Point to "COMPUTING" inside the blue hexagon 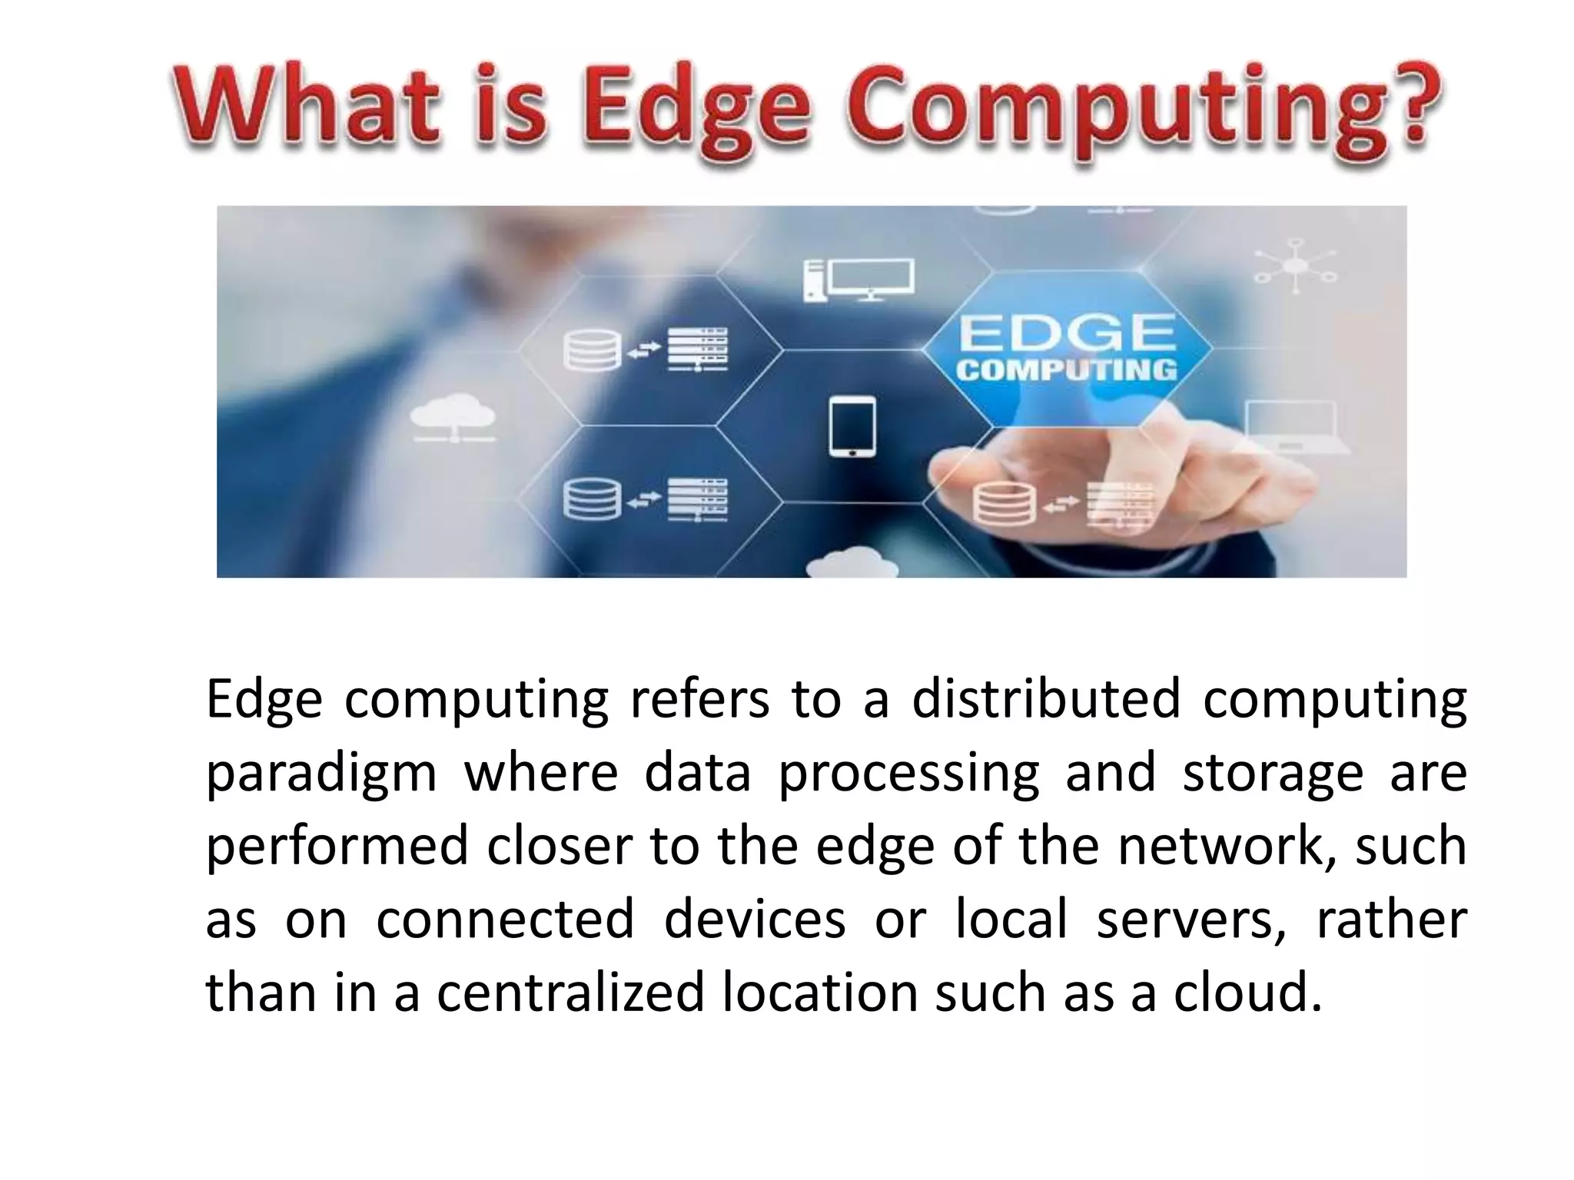click(x=1067, y=370)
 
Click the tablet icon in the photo click(x=852, y=427)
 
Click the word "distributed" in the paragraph click(x=1045, y=699)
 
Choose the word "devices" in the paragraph click(x=754, y=919)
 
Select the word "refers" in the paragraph click(x=699, y=699)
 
